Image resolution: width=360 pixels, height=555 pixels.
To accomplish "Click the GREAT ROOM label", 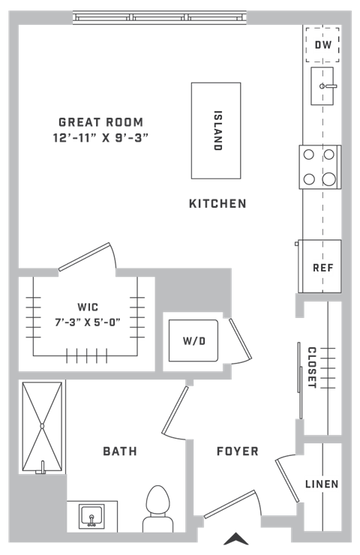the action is coord(101,122).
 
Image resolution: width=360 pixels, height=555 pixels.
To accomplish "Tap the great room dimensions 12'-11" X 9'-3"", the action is coord(100,137).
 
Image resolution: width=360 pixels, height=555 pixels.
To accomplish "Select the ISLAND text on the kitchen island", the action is coord(218,130).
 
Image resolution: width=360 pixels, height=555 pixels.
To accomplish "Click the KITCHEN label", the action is coord(217,203).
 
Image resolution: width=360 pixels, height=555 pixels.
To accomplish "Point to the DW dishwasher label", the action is coord(323,44).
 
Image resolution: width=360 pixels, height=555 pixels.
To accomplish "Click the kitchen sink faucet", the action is coord(328,86).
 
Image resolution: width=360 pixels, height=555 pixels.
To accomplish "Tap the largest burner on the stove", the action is coord(328,179).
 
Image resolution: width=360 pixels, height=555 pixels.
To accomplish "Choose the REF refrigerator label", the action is coord(323,268).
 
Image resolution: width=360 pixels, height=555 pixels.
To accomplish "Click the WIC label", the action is coord(88,307).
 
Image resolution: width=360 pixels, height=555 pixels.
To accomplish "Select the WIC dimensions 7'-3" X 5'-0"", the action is coord(88,322).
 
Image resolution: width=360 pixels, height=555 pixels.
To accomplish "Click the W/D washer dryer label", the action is coord(194,340).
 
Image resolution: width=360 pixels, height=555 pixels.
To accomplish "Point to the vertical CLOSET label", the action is coord(312,367).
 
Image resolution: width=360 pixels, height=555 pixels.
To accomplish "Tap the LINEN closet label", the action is coord(322,484).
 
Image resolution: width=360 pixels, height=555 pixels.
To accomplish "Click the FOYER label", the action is coord(238,451).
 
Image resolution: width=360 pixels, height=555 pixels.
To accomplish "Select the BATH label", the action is coord(120,451).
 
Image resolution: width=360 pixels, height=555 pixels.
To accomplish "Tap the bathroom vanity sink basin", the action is coord(91,517).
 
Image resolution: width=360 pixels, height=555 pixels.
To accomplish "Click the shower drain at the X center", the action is coord(42,426).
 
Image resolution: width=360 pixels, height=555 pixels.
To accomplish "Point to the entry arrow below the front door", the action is coord(236,538).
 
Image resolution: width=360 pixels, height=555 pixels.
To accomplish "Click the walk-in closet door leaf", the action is coord(85,256).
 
